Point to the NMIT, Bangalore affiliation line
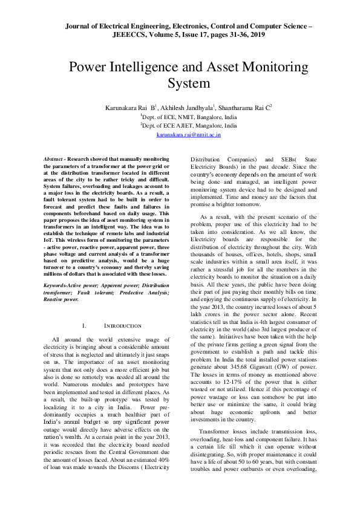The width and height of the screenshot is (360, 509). [x=180, y=116]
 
